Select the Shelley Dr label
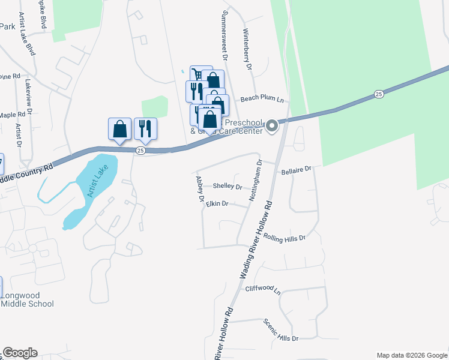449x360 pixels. tap(228, 186)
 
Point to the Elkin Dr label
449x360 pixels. tap(217, 204)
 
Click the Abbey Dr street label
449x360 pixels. tap(200, 188)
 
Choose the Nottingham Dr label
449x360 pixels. tap(255, 179)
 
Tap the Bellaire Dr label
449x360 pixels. tap(297, 171)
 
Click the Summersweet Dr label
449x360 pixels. tap(225, 35)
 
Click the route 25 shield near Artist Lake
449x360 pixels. tap(140, 151)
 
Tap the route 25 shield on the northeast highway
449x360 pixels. tap(378, 94)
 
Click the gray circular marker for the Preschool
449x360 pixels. tap(272, 125)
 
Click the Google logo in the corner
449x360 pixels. tap(20, 353)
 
